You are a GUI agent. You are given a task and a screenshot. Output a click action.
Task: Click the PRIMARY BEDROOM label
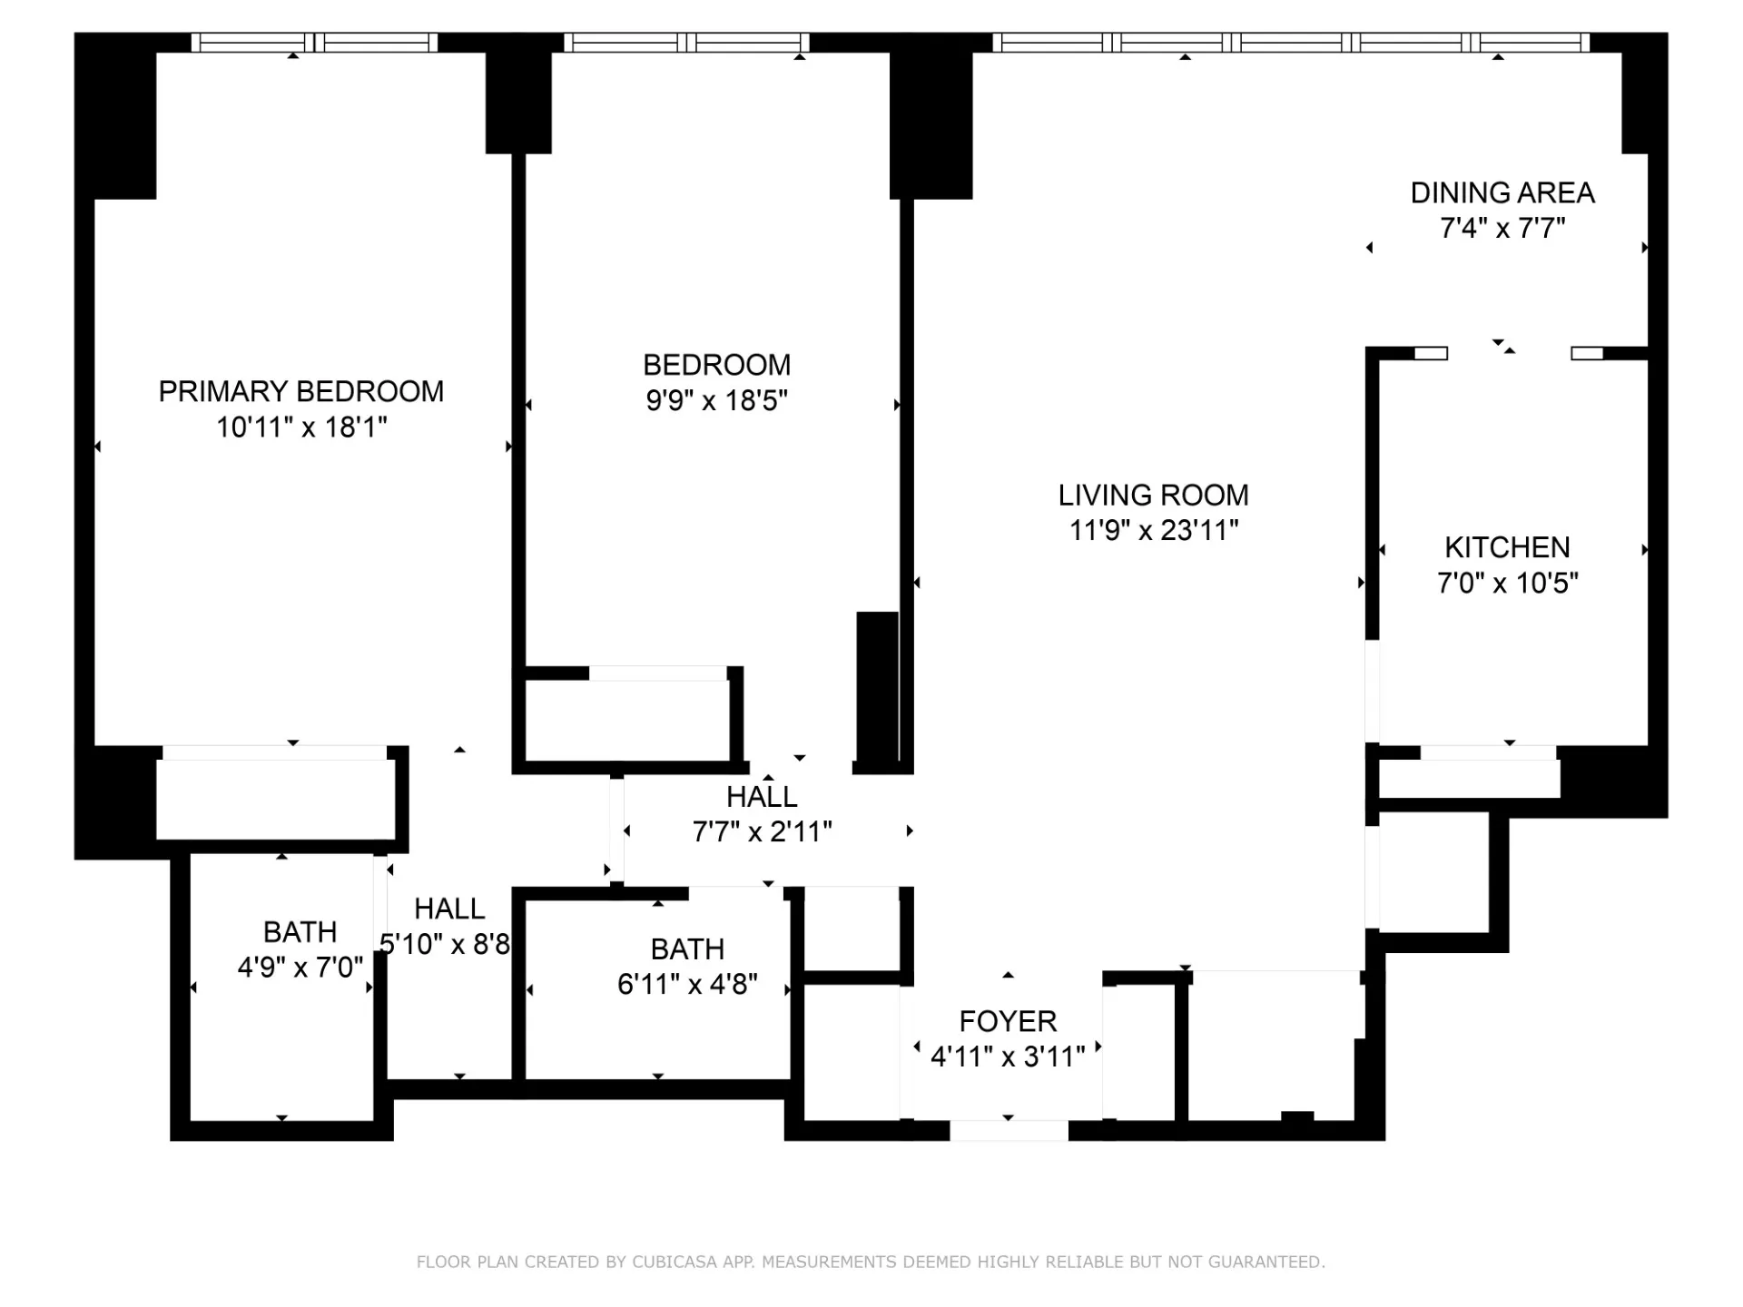click(x=300, y=391)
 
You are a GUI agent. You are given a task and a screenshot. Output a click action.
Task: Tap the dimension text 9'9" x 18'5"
click(x=716, y=400)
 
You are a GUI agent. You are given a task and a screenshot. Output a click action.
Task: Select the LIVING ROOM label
click(x=1153, y=495)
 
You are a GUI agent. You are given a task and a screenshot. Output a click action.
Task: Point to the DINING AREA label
click(x=1502, y=192)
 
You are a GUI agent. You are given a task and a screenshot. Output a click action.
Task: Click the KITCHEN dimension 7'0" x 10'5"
click(x=1507, y=583)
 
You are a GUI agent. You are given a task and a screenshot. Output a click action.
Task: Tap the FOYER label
click(x=1008, y=1021)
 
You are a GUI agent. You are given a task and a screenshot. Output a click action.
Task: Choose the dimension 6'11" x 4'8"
click(x=687, y=984)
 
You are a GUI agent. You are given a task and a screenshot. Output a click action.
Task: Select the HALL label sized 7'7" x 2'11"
click(x=762, y=796)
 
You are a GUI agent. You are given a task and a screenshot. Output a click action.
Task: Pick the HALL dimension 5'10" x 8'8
click(x=445, y=945)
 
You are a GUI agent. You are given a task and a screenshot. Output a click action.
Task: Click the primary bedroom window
click(x=314, y=42)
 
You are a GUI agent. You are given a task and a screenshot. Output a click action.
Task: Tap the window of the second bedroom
click(x=687, y=42)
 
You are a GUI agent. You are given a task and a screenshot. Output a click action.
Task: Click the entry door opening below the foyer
click(x=1009, y=1130)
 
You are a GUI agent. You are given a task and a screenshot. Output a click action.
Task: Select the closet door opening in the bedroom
click(x=657, y=673)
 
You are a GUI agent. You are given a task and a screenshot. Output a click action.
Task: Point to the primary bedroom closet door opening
click(x=274, y=752)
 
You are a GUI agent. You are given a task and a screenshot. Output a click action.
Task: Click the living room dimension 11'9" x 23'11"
click(x=1153, y=530)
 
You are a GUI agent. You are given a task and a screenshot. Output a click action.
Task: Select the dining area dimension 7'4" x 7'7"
click(x=1502, y=228)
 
